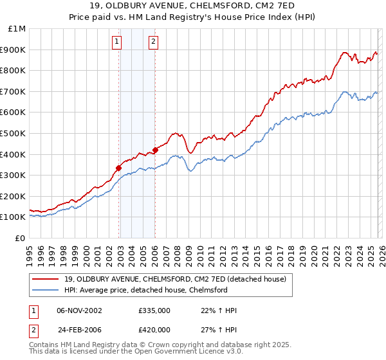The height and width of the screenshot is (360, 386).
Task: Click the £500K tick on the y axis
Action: coord(14,133)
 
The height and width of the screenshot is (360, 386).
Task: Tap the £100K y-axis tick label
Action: coord(14,217)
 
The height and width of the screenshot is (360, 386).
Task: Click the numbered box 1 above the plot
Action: coord(116,42)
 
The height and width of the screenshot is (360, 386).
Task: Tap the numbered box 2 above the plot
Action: coord(154,42)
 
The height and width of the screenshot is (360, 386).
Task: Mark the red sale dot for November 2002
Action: coord(118,168)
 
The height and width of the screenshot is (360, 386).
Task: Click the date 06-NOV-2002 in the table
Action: coord(80,310)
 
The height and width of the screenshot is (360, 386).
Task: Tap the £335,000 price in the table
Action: coord(154,310)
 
